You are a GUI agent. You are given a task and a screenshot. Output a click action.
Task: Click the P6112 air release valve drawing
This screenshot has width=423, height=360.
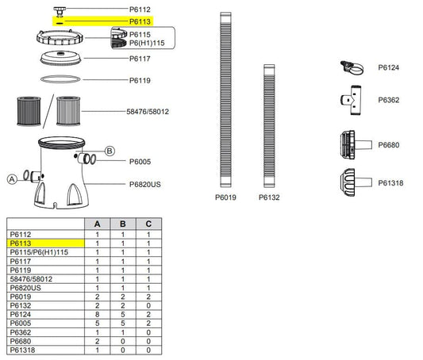pyautogui.click(x=60, y=12)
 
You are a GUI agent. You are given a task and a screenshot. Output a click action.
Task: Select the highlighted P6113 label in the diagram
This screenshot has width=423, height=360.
pyautogui.click(x=140, y=21)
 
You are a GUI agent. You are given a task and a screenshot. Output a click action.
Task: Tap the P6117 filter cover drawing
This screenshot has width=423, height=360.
pyautogui.click(x=60, y=58)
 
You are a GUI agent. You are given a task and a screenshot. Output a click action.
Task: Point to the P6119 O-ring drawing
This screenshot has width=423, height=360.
pyautogui.click(x=60, y=79)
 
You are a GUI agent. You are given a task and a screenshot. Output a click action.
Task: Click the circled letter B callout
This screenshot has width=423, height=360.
pyautogui.click(x=110, y=151)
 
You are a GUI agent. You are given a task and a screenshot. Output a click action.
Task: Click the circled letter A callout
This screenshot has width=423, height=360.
pyautogui.click(x=12, y=179)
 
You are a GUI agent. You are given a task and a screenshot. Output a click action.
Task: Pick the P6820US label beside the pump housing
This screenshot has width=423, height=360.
pyautogui.click(x=145, y=184)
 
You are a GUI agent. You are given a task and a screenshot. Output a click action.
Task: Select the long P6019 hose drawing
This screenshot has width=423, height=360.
pyautogui.click(x=225, y=100)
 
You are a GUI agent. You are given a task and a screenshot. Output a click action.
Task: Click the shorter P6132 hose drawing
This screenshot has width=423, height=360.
pyautogui.click(x=269, y=126)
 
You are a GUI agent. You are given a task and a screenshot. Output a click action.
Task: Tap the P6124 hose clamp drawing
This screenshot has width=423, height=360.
pyautogui.click(x=352, y=67)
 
